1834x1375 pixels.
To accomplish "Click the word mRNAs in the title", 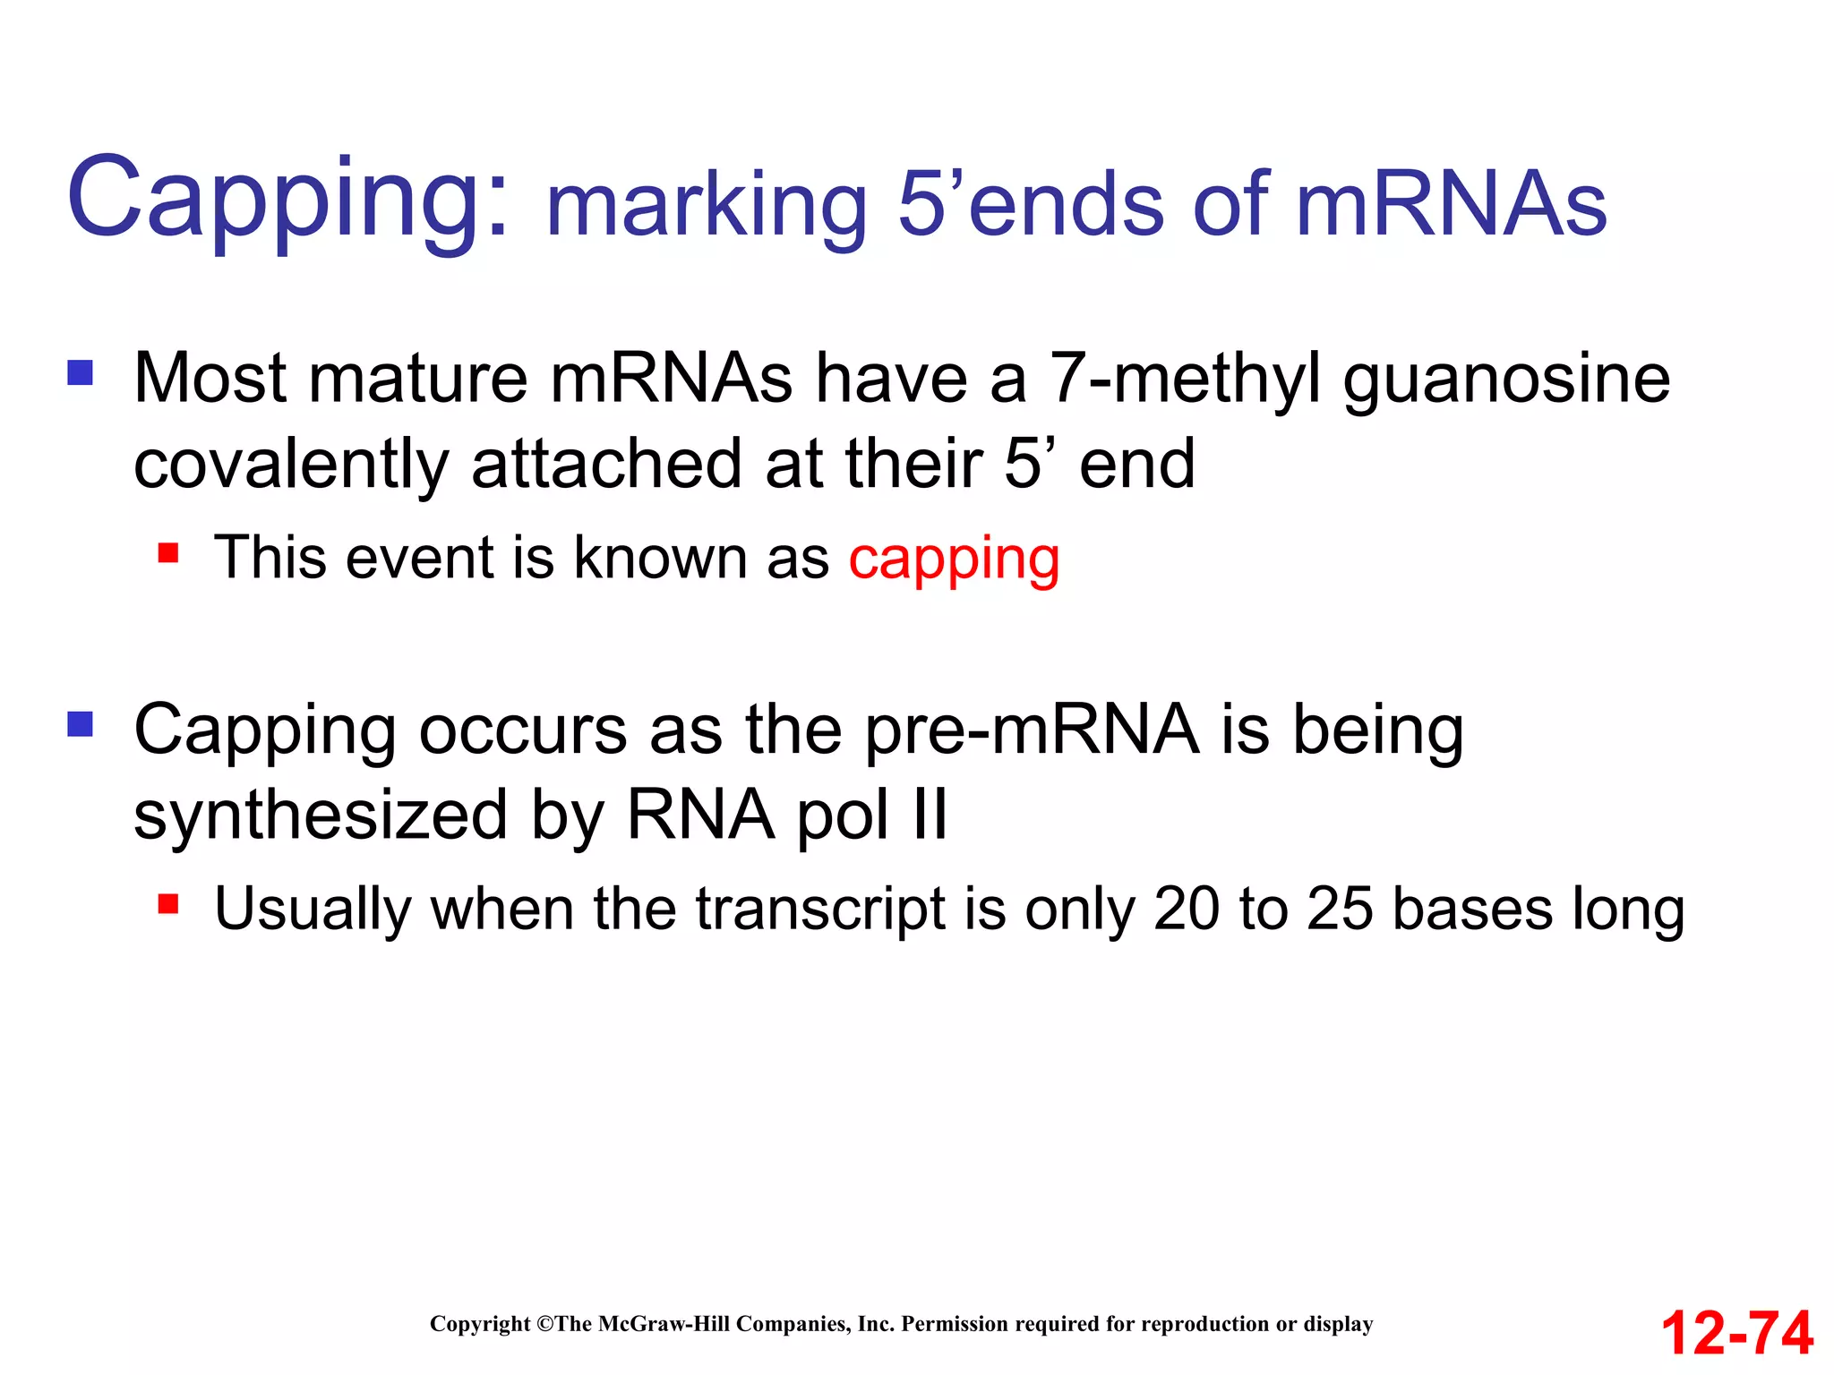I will point(1451,205).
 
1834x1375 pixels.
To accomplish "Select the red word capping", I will point(954,559).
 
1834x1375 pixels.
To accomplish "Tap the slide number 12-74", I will point(1736,1333).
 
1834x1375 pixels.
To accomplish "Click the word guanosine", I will point(1506,380).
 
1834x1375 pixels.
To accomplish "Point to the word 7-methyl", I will point(1185,380).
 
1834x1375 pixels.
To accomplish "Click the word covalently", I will point(290,465).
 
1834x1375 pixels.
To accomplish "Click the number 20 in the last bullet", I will point(1186,910).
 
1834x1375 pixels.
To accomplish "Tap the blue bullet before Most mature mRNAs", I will point(81,372).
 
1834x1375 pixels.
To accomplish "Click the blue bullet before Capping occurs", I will point(81,723).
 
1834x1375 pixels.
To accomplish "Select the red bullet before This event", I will point(168,552).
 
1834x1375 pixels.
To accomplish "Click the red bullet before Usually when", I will point(168,903).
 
